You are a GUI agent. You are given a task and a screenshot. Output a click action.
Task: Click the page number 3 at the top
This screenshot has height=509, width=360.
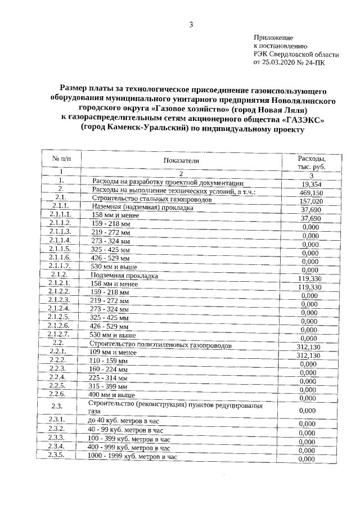tap(191, 24)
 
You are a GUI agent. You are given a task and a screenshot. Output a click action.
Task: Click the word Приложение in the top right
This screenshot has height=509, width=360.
tap(272, 37)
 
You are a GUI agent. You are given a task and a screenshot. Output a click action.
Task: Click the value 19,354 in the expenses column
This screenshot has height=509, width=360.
tap(311, 184)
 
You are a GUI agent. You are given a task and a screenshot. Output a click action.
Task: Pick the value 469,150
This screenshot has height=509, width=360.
tap(311, 193)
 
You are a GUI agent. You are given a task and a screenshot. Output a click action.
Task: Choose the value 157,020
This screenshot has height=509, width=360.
tap(311, 201)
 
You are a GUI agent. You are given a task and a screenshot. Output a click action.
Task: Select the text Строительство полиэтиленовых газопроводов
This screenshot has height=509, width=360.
tap(160, 344)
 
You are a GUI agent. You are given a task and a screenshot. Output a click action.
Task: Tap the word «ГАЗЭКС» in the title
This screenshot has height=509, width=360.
tap(301, 119)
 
